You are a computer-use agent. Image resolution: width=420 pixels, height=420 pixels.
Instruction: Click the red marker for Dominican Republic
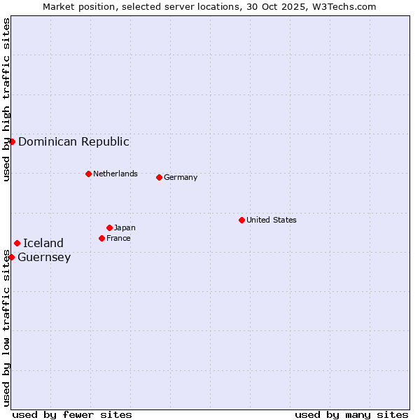click(12, 141)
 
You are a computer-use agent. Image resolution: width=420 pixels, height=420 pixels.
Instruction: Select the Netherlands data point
click(88, 174)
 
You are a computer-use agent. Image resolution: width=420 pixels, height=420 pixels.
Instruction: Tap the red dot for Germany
click(159, 177)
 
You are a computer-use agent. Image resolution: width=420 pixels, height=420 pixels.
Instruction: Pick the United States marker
click(241, 220)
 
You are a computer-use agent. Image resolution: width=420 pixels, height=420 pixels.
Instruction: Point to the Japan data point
click(109, 227)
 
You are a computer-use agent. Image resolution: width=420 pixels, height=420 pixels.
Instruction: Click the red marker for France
click(101, 238)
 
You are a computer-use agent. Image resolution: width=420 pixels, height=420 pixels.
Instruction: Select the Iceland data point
click(17, 243)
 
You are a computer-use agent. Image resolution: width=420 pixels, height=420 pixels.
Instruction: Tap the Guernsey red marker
click(11, 257)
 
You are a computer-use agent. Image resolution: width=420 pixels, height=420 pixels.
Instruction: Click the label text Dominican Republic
click(73, 141)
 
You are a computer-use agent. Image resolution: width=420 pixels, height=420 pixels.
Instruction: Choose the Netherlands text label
click(115, 174)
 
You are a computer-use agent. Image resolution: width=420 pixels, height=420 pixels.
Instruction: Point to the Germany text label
click(181, 177)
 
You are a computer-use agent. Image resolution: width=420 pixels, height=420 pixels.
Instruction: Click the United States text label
click(272, 220)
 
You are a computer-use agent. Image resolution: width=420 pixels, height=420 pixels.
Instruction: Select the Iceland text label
click(43, 243)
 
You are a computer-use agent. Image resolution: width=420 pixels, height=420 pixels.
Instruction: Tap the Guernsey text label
click(44, 257)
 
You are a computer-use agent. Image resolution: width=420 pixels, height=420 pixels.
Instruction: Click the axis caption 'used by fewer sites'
click(72, 414)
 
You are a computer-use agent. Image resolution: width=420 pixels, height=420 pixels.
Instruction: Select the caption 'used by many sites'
click(351, 414)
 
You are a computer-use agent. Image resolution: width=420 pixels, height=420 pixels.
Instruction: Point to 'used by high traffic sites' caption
click(6, 100)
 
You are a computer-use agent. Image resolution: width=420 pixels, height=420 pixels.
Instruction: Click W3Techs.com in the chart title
click(343, 6)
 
